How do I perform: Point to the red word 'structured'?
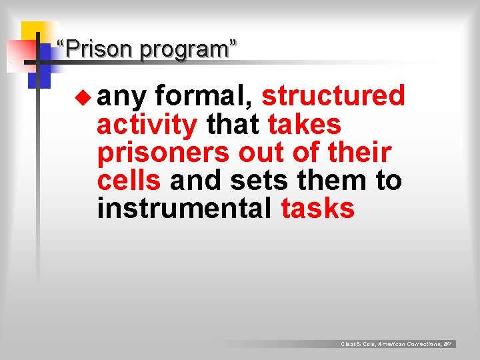point(333,96)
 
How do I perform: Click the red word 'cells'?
point(129,180)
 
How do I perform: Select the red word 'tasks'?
point(318,209)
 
